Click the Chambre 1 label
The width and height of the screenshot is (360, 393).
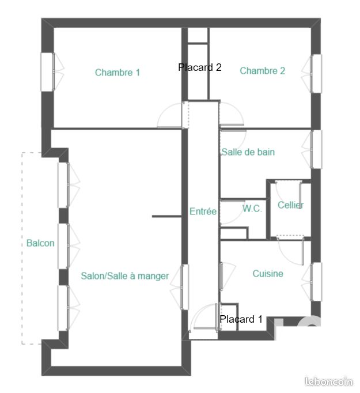(x=118, y=73)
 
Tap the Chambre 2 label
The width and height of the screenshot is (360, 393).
(x=263, y=71)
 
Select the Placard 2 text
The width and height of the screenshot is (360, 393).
(x=200, y=67)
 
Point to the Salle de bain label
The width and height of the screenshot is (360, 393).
(x=248, y=152)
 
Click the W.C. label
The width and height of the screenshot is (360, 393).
(x=252, y=209)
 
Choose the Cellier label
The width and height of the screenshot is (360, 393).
(x=290, y=205)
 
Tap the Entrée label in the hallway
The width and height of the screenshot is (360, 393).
(x=203, y=212)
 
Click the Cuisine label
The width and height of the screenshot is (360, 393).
(x=268, y=274)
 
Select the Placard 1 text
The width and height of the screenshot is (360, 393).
(x=241, y=319)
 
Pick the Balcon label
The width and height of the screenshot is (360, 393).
(x=40, y=243)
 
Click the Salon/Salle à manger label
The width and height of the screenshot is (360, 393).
(x=125, y=276)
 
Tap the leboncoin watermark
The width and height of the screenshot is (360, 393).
(x=328, y=381)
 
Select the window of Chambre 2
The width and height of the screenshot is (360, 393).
(x=316, y=73)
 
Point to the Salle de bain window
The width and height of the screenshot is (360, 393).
(x=316, y=149)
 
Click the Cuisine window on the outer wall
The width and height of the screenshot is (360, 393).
(x=316, y=282)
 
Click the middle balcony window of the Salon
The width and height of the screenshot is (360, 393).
(x=63, y=247)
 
